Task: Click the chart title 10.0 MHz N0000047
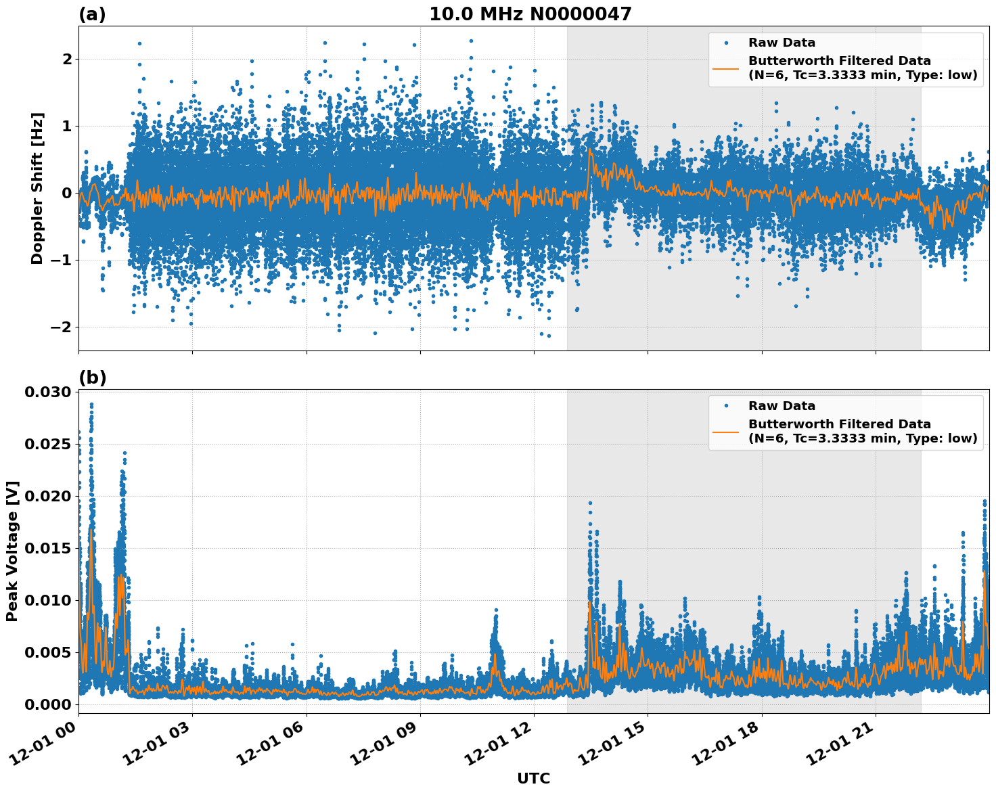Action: [530, 14]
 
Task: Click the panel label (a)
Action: [92, 14]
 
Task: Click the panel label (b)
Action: [92, 378]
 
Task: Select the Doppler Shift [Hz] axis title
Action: [37, 188]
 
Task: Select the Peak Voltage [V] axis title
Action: [12, 551]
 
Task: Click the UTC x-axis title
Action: [533, 778]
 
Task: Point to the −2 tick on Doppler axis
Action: [62, 327]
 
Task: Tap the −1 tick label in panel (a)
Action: [62, 260]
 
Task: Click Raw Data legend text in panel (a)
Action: [782, 43]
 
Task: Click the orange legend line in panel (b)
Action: [726, 432]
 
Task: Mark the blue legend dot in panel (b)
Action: [726, 406]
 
